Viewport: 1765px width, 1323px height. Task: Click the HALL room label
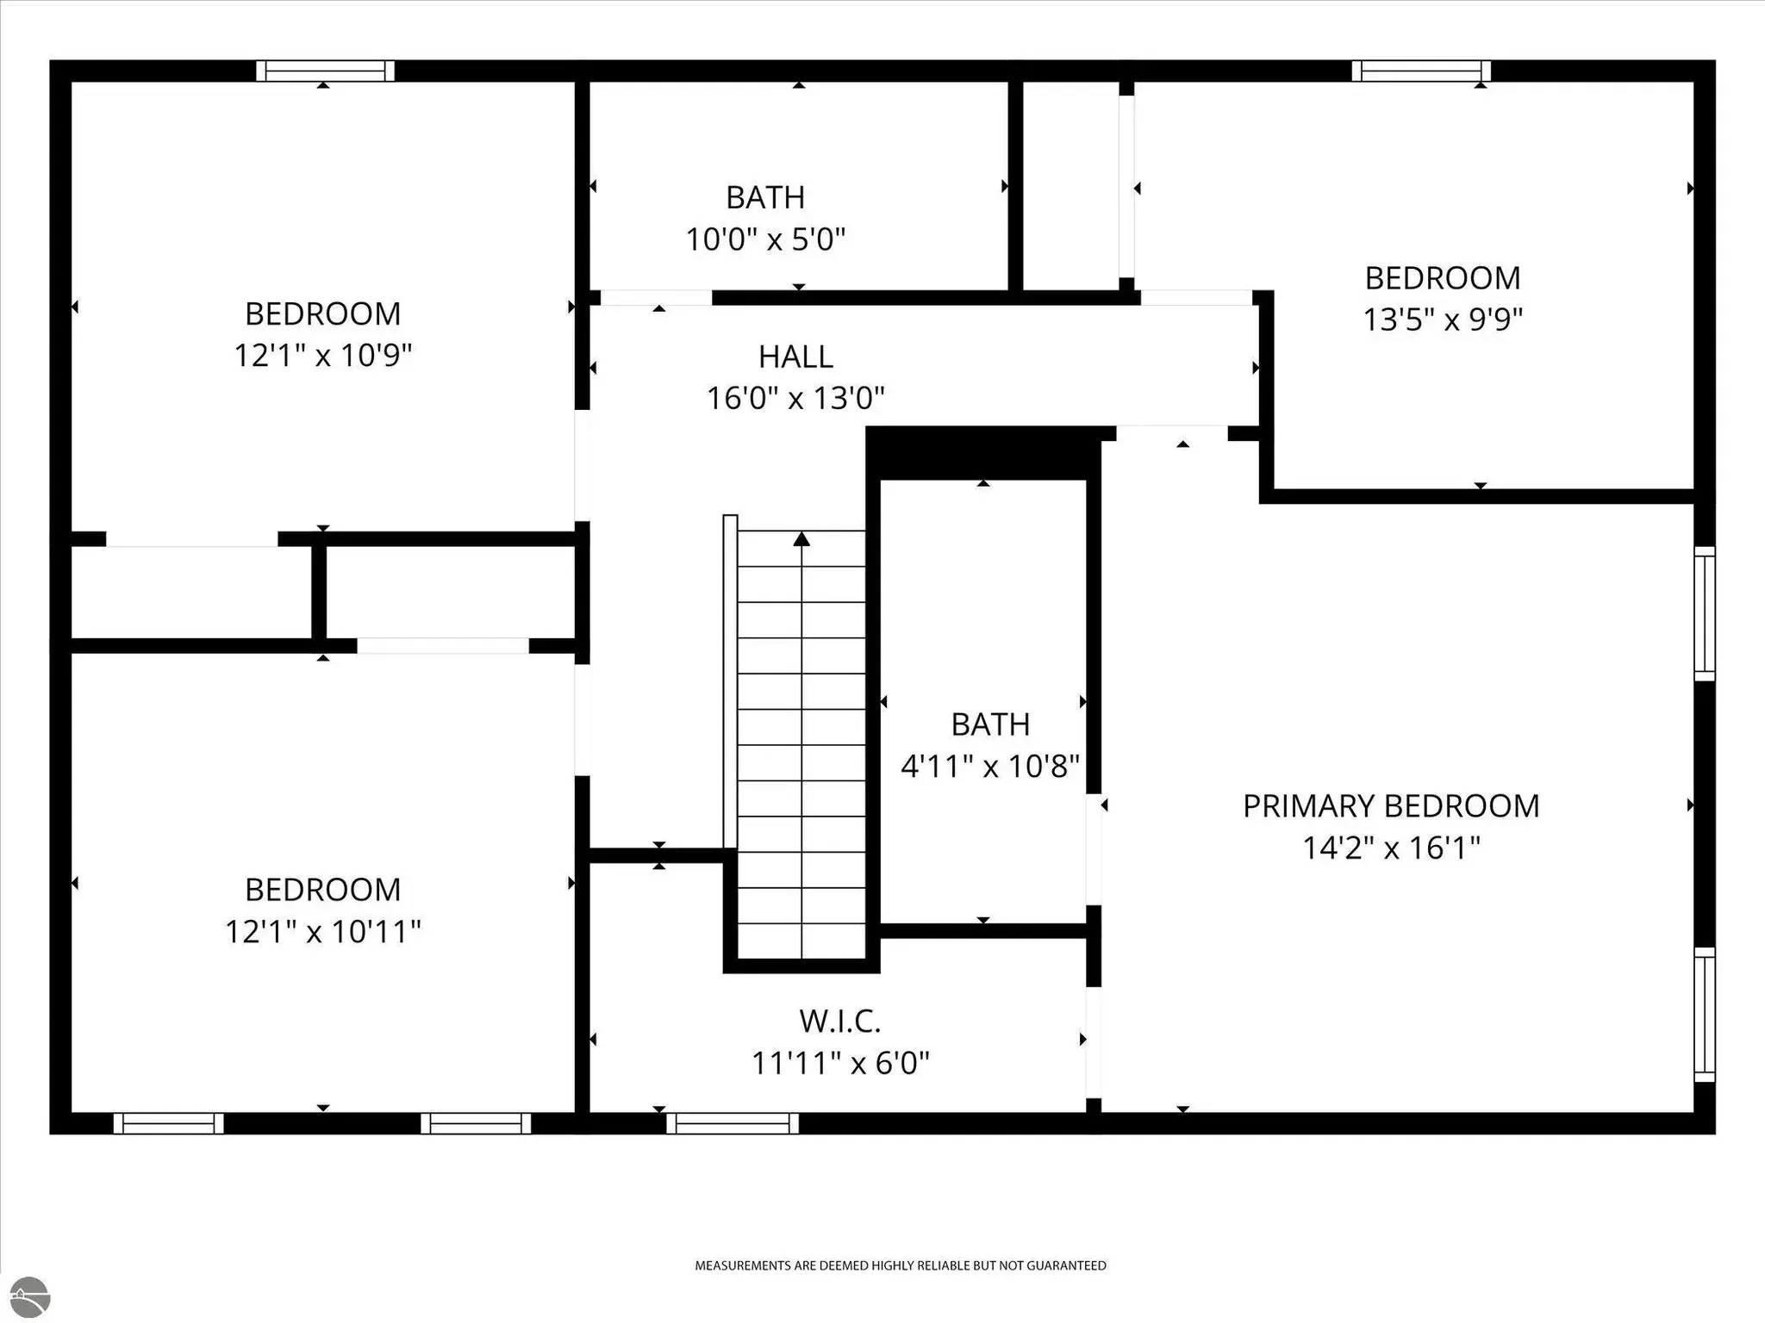coord(795,357)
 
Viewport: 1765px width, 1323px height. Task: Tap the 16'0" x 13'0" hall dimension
coord(795,398)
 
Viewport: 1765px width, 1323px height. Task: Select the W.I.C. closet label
coord(840,1022)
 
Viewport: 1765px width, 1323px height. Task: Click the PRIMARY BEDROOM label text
coord(1391,806)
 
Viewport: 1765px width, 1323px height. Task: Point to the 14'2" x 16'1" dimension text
coord(1391,848)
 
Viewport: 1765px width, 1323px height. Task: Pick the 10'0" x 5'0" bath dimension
coord(765,239)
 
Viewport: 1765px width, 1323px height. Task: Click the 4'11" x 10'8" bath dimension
coord(990,765)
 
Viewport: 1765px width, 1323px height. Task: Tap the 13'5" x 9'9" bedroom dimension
coord(1443,320)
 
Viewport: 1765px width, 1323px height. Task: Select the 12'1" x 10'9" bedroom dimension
coord(323,355)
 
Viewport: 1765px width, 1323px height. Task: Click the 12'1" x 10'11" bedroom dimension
coord(323,931)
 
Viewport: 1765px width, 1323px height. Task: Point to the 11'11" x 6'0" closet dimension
coord(840,1063)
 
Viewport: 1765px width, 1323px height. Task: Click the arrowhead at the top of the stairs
coord(802,539)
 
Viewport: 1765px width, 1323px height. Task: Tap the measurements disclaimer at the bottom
coord(901,1265)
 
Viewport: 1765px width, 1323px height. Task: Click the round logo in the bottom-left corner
coord(26,1298)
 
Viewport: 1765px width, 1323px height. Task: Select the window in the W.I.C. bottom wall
coord(733,1123)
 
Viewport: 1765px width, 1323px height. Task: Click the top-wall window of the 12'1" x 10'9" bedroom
coord(325,71)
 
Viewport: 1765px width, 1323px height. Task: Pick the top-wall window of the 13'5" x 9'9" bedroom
coord(1421,71)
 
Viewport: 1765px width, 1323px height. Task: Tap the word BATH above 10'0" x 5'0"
coord(765,197)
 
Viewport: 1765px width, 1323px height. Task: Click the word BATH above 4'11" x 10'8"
coord(990,724)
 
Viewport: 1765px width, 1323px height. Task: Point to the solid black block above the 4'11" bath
coord(983,453)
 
